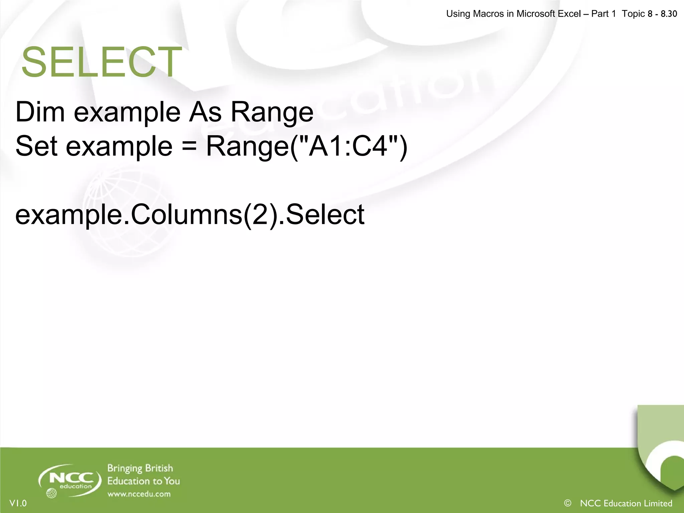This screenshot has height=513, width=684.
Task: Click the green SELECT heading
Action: (x=102, y=62)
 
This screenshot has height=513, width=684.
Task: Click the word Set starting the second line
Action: (x=36, y=146)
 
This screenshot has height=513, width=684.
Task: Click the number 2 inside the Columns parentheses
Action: (x=262, y=214)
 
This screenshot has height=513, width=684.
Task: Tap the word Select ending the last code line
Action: (x=325, y=214)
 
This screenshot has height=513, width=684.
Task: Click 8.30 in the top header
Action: (x=669, y=14)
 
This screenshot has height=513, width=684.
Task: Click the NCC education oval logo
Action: (x=70, y=480)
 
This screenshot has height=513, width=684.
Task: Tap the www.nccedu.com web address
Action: (x=139, y=494)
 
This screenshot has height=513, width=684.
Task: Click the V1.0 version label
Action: (x=18, y=503)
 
